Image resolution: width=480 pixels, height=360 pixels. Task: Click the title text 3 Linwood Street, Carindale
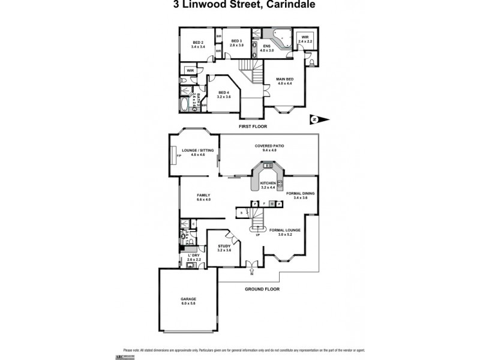(240, 5)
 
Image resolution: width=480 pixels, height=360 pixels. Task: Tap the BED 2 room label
(198, 44)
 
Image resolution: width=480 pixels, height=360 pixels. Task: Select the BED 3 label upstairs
(238, 43)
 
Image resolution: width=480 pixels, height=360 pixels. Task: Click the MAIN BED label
(284, 81)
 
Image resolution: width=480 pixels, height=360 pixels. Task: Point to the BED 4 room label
(223, 94)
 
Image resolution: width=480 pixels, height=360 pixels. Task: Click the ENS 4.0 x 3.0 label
(267, 49)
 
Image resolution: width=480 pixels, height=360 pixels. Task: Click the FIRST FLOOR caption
(252, 127)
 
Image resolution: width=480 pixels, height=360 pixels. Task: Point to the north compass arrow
(321, 119)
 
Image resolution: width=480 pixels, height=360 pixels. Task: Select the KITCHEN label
(268, 185)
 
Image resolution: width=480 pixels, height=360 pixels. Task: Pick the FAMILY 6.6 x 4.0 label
(203, 197)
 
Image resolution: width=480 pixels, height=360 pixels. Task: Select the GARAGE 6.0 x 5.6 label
(188, 301)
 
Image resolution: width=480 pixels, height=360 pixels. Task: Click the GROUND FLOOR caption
(262, 289)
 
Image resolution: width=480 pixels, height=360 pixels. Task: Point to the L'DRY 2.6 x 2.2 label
(193, 258)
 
